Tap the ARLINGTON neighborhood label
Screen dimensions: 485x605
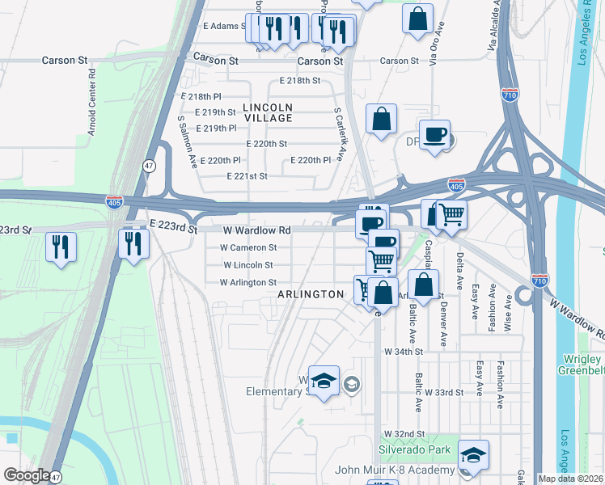[311, 295]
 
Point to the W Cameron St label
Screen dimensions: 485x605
[250, 247]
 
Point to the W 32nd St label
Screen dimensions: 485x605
[404, 434]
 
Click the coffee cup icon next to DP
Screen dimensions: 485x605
[434, 134]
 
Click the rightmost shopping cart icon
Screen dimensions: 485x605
[451, 214]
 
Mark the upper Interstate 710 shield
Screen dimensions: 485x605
[510, 94]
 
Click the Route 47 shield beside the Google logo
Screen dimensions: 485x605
[55, 477]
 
